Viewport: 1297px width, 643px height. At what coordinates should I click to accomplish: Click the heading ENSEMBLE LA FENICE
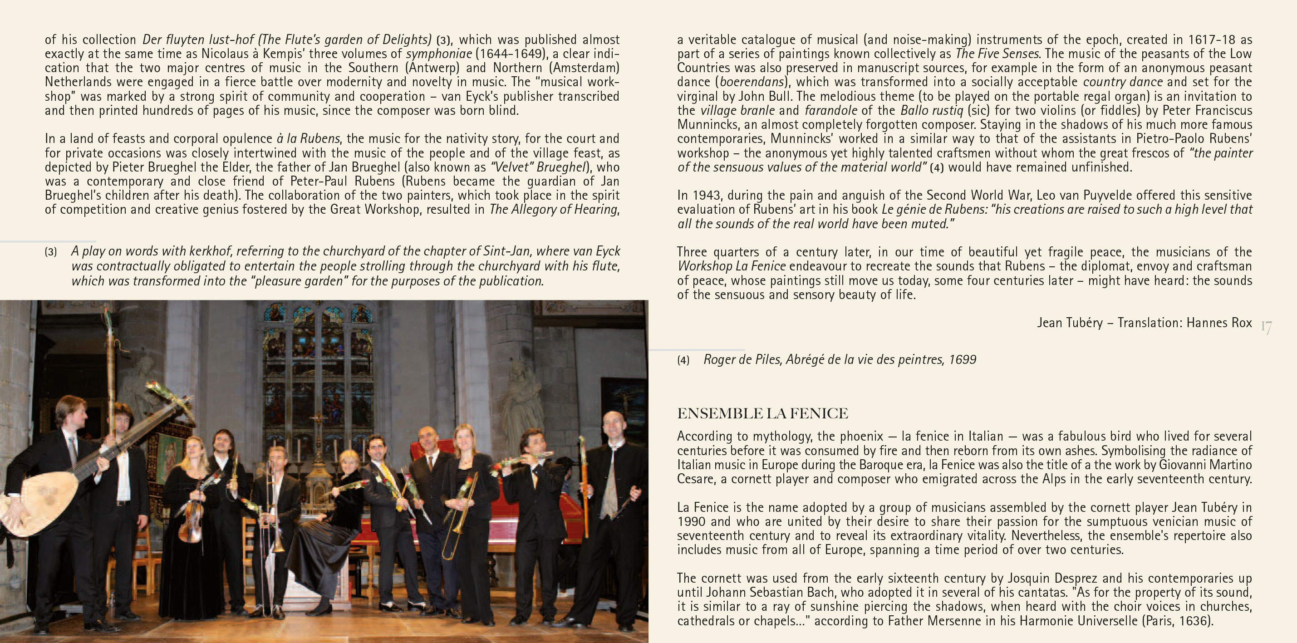click(x=762, y=413)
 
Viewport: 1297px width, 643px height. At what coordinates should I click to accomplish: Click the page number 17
click(x=1266, y=328)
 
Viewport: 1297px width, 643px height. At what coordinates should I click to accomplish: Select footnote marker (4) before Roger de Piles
click(x=683, y=360)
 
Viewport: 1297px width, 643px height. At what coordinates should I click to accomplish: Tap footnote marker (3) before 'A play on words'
click(x=51, y=252)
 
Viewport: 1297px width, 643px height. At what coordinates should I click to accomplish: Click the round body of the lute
click(x=40, y=499)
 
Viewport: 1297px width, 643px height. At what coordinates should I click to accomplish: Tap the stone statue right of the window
click(x=521, y=398)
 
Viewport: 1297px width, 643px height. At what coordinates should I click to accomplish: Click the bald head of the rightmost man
click(x=613, y=421)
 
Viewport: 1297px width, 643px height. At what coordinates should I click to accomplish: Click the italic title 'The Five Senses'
click(x=997, y=54)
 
